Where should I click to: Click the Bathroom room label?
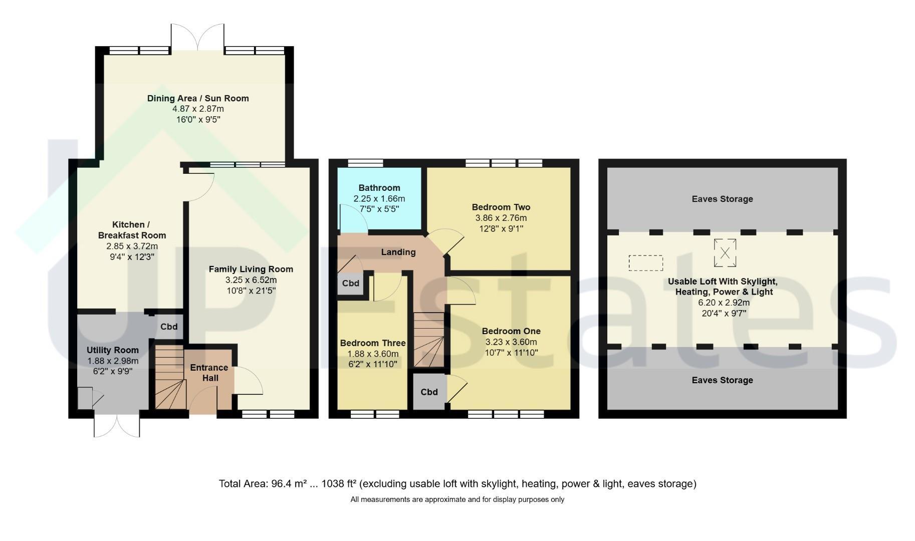pyautogui.click(x=379, y=188)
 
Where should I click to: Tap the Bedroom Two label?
pyautogui.click(x=501, y=207)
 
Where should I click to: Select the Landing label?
pyautogui.click(x=398, y=252)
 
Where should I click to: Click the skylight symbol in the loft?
pyautogui.click(x=725, y=252)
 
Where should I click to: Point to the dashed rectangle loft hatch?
pyautogui.click(x=646, y=263)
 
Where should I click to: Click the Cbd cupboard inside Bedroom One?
pyautogui.click(x=429, y=392)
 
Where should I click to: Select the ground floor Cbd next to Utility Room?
pyautogui.click(x=169, y=327)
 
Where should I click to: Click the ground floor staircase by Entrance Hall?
pyautogui.click(x=169, y=377)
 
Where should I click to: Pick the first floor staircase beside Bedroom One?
pyautogui.click(x=429, y=340)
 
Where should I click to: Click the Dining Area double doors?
pyautogui.click(x=198, y=38)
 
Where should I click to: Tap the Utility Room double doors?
pyautogui.click(x=117, y=425)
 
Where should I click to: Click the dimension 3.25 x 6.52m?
pyautogui.click(x=251, y=280)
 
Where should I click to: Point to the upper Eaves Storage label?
pyautogui.click(x=722, y=199)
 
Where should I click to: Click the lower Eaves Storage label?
pyautogui.click(x=722, y=380)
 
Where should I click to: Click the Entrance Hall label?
pyautogui.click(x=209, y=373)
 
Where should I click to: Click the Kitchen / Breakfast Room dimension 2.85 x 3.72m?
pyautogui.click(x=132, y=246)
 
